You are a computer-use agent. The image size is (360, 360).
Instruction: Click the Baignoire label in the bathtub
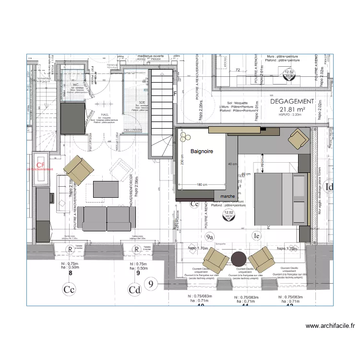(202, 151)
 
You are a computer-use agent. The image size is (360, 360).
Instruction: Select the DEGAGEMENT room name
(292, 102)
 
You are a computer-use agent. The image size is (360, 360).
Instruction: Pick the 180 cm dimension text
(202, 185)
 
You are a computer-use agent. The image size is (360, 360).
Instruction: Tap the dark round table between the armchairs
(239, 258)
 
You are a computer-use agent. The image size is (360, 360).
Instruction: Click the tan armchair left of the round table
(216, 262)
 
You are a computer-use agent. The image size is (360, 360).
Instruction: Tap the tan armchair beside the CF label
(79, 170)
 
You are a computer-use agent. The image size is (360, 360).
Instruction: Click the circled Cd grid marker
(134, 289)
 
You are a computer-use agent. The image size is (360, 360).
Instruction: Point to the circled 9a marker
(209, 236)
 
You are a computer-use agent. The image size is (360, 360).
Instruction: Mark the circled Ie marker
(257, 236)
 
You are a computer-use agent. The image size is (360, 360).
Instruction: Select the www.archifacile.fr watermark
(331, 326)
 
